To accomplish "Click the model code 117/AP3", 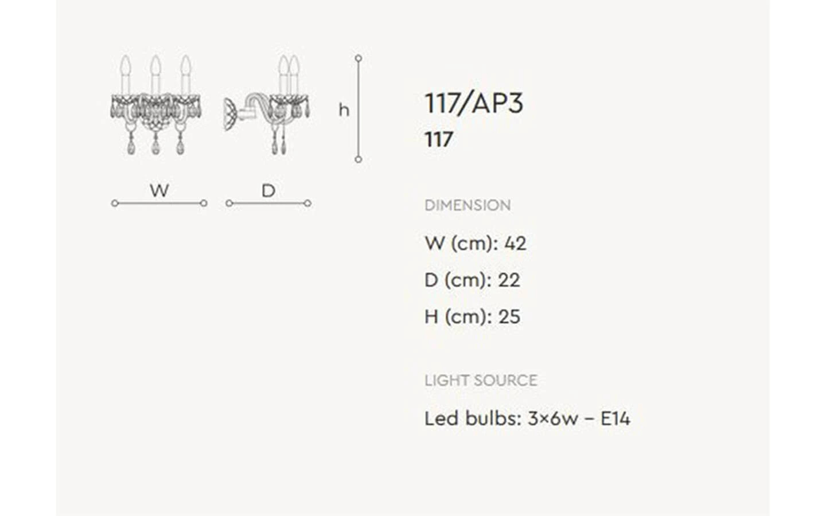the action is coord(474,103).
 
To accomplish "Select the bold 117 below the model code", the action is coord(439,139).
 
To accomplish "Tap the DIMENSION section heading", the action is coord(467,205).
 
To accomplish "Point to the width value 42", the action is coord(515,243).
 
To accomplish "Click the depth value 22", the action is coord(509,280).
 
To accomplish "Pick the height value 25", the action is coord(509,316).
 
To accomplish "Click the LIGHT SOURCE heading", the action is coord(481,380).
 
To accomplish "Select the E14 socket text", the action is coord(615,419).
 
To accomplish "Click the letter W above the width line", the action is coord(159,190).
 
